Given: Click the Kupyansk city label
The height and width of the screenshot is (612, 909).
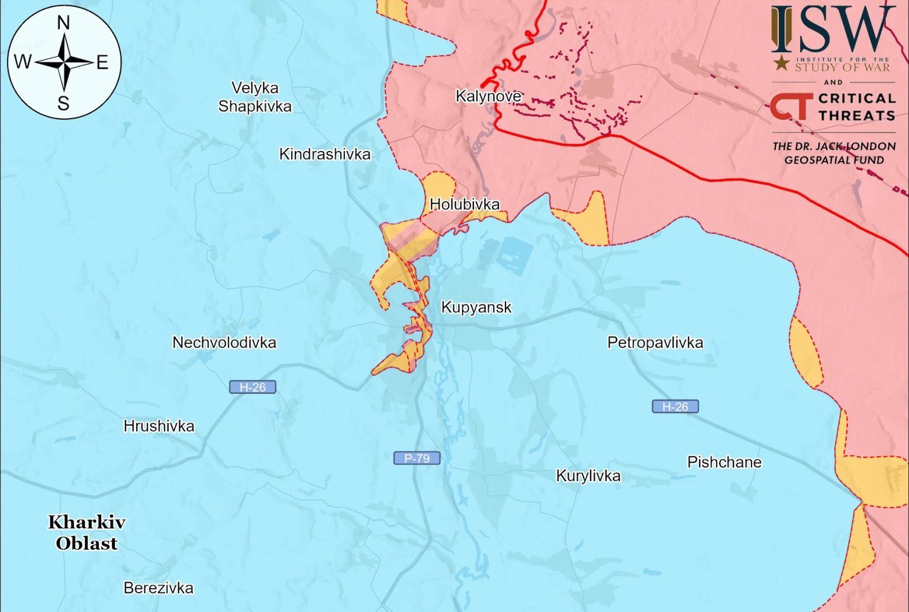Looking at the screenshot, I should coord(476,307).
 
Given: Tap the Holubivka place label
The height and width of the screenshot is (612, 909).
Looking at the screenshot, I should coord(465,204).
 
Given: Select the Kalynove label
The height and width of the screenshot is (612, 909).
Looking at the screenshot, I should coord(488,96).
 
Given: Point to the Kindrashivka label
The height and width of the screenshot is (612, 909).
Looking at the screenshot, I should coord(325,155).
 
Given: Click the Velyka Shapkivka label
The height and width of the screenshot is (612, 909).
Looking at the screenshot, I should coord(254,97).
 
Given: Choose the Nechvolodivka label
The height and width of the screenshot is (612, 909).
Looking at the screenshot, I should coord(224,342).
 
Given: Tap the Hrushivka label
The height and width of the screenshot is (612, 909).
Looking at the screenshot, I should coord(159,426).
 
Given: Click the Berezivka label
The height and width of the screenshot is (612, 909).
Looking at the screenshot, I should coord(158,588).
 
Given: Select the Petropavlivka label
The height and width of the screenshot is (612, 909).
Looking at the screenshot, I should coord(655,342).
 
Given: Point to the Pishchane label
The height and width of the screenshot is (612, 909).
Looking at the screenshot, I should coord(724,462).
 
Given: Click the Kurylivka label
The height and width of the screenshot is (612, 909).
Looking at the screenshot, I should coord(588,476).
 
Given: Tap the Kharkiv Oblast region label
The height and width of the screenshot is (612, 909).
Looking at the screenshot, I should coord(86,533).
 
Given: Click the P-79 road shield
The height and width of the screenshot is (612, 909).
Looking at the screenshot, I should coord(417,458).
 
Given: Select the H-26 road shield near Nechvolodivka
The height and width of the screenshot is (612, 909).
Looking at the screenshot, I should coord(253,387).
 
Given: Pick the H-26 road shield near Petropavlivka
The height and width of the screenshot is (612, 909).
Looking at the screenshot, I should coord(675,406).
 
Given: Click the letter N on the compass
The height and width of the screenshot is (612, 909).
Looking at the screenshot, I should coord(63,23).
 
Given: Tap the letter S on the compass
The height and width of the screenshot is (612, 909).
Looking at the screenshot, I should coord(63,104).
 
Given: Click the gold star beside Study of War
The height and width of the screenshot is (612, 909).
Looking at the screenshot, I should coord(782,62).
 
